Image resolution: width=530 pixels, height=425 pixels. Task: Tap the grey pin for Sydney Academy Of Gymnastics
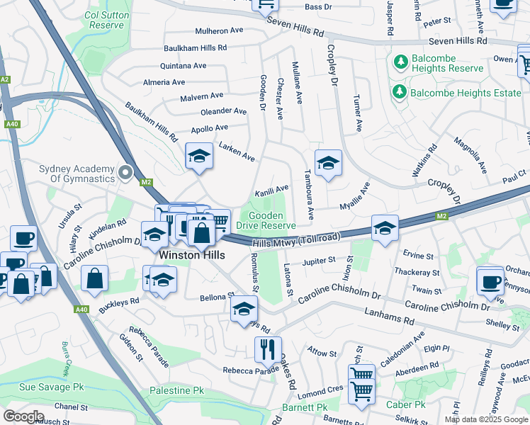(127, 173)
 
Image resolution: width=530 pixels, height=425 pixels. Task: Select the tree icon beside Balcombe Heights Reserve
(400, 62)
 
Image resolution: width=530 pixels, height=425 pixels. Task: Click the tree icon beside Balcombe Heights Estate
(400, 92)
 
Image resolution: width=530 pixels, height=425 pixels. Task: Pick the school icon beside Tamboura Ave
(328, 164)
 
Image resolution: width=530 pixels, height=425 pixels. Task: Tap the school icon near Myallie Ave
(385, 228)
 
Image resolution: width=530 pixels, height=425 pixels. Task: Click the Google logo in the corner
(23, 416)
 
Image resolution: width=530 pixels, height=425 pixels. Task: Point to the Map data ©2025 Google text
(486, 419)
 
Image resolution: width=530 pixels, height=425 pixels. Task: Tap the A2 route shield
(5, 80)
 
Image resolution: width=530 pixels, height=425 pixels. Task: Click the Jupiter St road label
(318, 261)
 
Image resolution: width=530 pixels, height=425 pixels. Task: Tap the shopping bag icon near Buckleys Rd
(95, 279)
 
